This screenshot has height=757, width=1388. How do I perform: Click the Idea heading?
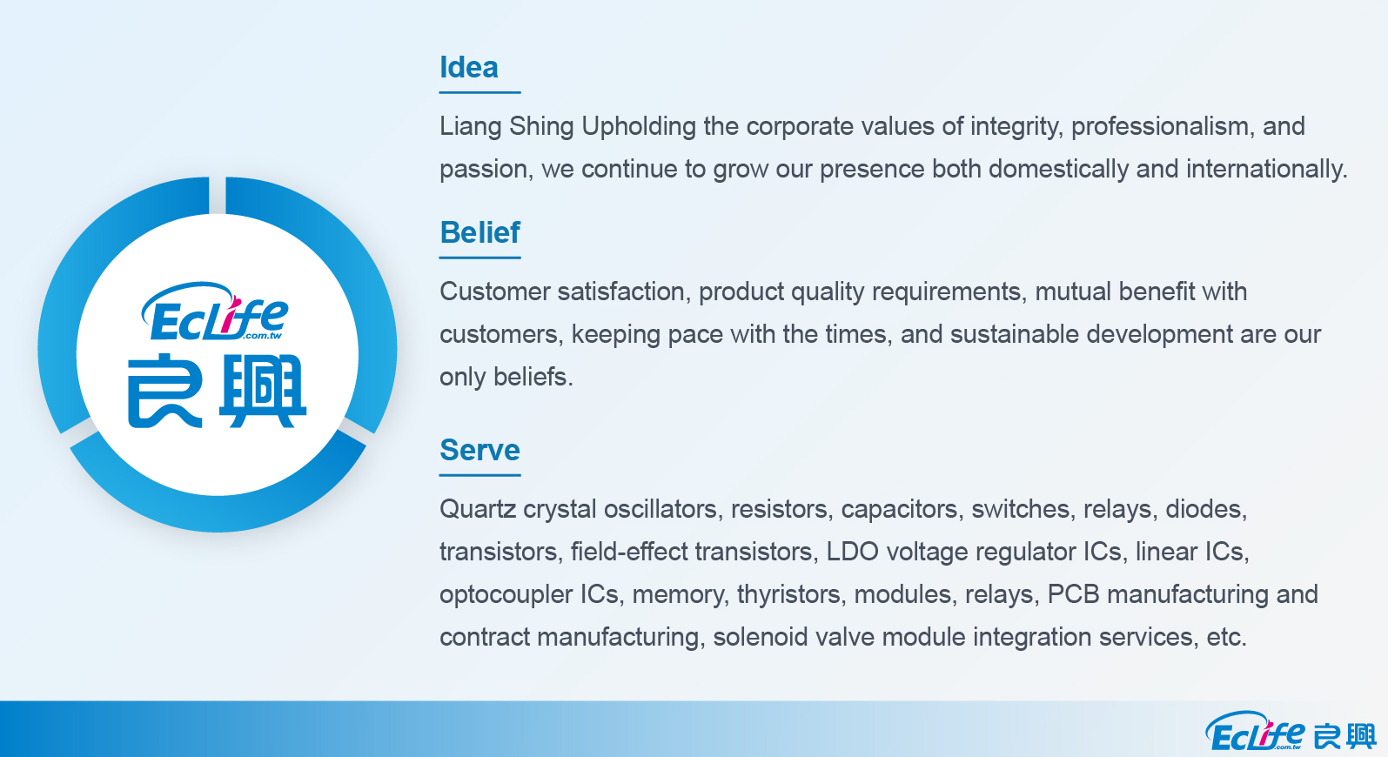468,67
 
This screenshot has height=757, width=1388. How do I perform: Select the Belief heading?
479,232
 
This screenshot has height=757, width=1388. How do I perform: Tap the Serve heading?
479,450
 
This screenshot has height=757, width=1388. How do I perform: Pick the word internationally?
1266,170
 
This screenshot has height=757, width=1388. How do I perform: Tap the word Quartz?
478,509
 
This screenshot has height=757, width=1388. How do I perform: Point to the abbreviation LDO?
852,552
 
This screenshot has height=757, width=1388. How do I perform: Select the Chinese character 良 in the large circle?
164,392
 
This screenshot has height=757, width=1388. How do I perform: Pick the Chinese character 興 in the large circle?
263,392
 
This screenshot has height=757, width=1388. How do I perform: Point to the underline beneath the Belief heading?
479,258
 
